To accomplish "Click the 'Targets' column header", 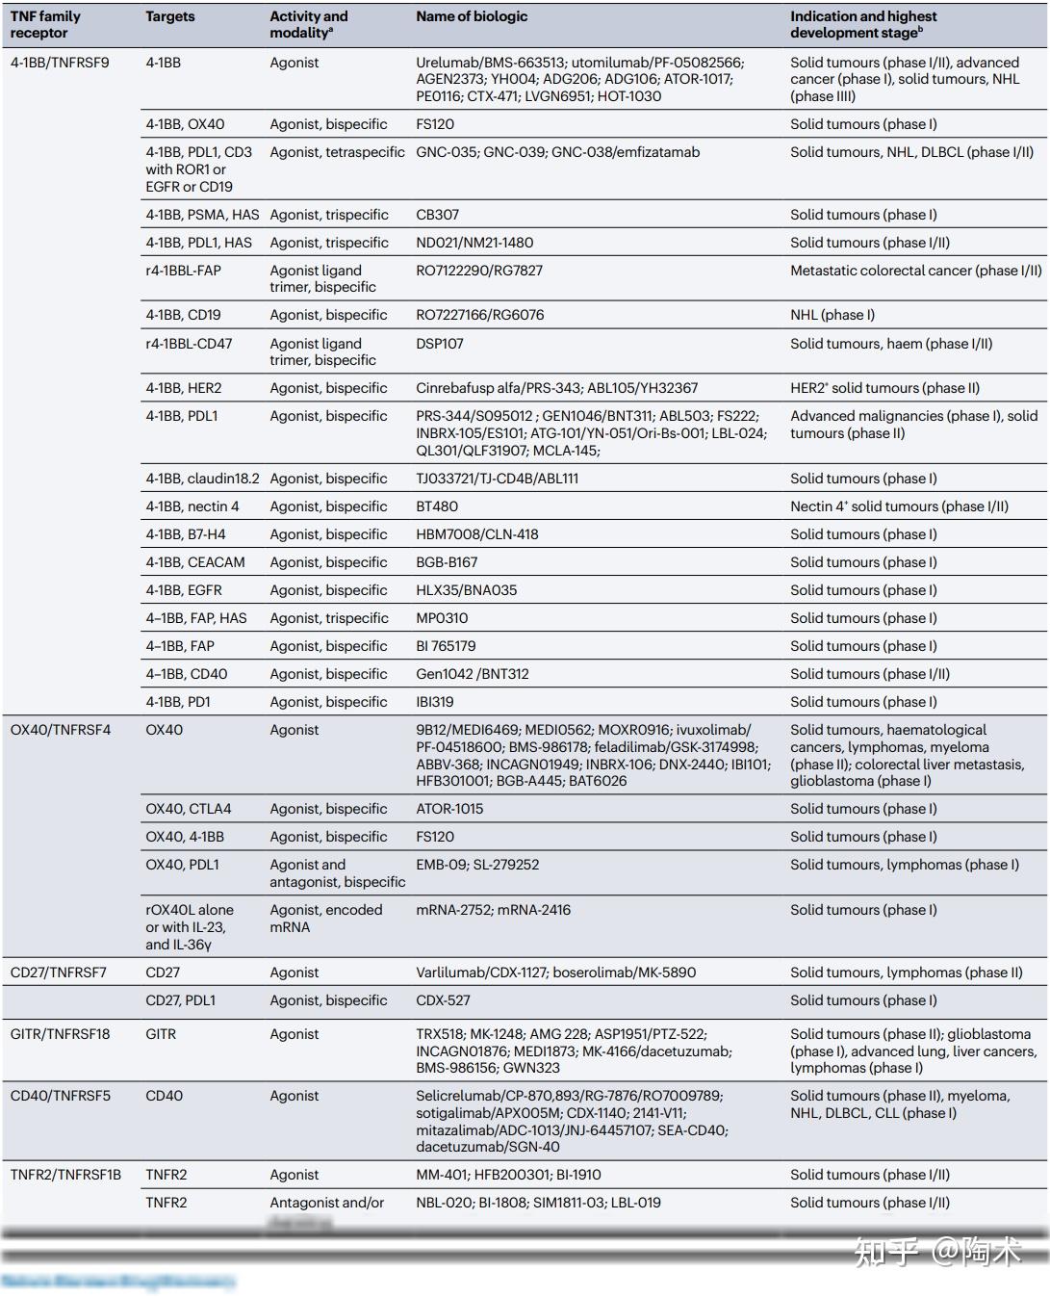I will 170,16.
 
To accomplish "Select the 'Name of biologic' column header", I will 472,16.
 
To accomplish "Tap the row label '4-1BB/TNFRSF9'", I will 60,63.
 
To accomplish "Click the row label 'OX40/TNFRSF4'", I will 61,730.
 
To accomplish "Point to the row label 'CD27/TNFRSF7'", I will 59,973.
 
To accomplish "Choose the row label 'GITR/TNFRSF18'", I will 60,1034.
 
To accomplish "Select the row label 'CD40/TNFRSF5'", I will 61,1096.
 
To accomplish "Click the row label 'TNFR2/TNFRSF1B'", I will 65,1175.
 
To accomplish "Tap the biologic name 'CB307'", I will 438,215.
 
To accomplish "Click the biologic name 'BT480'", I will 437,506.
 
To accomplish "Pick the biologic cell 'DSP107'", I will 440,344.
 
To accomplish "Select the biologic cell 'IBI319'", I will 435,702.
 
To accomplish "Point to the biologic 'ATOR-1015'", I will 449,809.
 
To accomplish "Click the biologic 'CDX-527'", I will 443,1000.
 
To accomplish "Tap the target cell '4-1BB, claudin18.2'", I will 203,479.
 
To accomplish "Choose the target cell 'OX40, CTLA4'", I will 189,809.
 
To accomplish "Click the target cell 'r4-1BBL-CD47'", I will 189,344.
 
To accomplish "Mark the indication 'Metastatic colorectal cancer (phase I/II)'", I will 915,271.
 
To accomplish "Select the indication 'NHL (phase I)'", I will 832,315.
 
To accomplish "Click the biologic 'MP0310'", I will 442,618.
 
